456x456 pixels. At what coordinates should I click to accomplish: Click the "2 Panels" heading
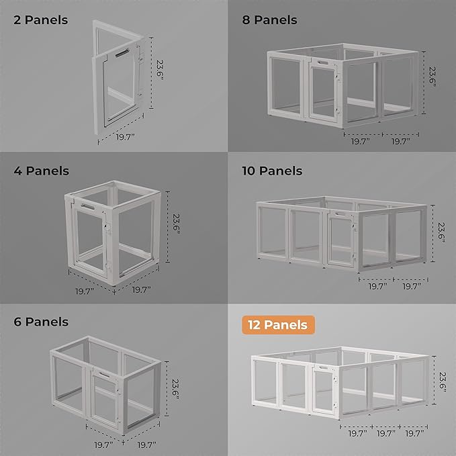click(x=41, y=19)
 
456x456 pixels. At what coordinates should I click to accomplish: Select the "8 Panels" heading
click(x=269, y=19)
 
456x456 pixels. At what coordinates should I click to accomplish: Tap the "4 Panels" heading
click(x=41, y=171)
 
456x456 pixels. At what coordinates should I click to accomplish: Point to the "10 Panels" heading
click(x=272, y=171)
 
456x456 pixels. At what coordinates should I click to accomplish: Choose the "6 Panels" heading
click(x=41, y=322)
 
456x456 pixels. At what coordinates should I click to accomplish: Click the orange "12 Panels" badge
click(x=277, y=325)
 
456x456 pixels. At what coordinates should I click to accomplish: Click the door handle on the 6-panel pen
click(x=104, y=373)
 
